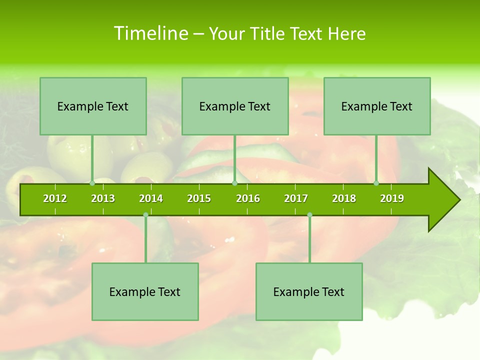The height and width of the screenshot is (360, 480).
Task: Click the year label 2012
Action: [55, 198]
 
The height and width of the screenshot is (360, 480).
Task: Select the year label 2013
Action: [103, 198]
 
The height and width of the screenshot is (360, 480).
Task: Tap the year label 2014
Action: [151, 198]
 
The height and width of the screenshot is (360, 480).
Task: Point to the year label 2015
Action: [199, 198]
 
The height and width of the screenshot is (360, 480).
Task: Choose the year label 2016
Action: [248, 198]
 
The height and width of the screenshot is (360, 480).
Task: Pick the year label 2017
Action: [296, 198]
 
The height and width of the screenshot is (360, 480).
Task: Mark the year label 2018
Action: [344, 198]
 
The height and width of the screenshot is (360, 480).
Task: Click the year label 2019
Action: [392, 198]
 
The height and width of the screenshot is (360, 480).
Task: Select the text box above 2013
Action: [93, 106]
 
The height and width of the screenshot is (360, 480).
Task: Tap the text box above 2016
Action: [235, 106]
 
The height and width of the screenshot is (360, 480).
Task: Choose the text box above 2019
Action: [377, 106]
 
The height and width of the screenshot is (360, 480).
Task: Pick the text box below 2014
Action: [145, 291]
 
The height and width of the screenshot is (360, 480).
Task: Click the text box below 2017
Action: [309, 291]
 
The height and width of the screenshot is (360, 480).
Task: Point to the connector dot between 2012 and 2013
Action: [92, 183]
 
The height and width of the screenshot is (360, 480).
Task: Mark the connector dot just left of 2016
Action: [235, 183]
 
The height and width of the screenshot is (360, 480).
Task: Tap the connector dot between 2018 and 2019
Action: [376, 183]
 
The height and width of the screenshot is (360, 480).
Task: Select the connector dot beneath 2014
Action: [145, 215]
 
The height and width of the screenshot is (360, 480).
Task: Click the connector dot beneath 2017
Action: [309, 215]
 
